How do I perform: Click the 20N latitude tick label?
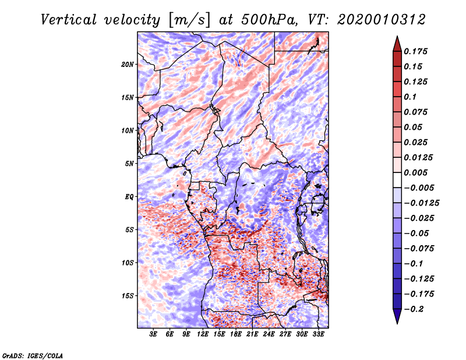pyautogui.click(x=128, y=64)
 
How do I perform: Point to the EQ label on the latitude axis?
pyautogui.click(x=129, y=196)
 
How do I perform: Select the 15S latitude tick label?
pyautogui.click(x=128, y=295)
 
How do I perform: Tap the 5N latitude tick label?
pyautogui.click(x=129, y=163)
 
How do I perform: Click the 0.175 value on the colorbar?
pyautogui.click(x=416, y=51)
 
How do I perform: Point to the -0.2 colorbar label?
pyautogui.click(x=416, y=309)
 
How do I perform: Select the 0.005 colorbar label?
pyautogui.click(x=416, y=172)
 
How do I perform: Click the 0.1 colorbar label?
pyautogui.click(x=411, y=97)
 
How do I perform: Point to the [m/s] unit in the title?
pyautogui.click(x=188, y=20)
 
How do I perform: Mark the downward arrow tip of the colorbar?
pyautogui.click(x=397, y=322)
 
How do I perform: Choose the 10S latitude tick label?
pyautogui.click(x=128, y=263)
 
